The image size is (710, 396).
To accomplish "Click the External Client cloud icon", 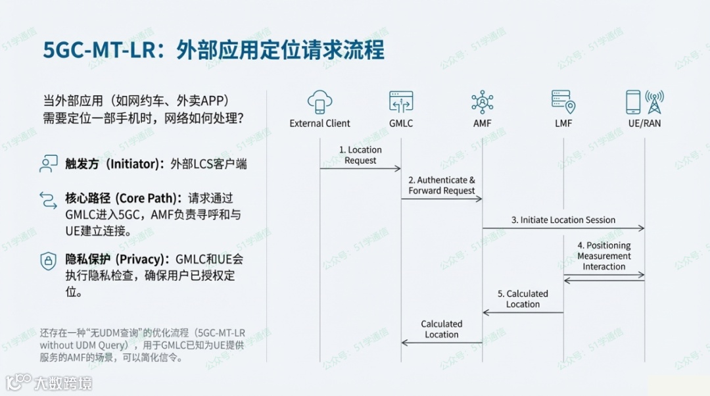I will click(319, 103).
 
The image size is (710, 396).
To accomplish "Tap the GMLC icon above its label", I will click(401, 102).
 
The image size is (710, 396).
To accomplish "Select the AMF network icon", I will click(482, 102).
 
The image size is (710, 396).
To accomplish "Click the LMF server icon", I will click(563, 102).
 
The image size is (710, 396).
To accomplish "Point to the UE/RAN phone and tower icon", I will click(644, 102).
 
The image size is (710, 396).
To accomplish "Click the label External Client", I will click(319, 123).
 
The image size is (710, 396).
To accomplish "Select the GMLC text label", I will click(401, 123).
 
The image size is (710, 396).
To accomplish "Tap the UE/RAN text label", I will click(644, 123).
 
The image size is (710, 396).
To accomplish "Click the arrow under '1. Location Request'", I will click(360, 169).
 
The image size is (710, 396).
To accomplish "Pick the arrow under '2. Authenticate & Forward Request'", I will click(442, 199).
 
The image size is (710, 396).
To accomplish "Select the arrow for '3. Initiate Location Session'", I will click(563, 228).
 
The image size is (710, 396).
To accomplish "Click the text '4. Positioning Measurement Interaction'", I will click(603, 256).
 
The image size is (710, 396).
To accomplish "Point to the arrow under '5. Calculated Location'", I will click(523, 312).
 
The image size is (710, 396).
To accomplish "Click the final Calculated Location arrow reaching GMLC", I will click(442, 342).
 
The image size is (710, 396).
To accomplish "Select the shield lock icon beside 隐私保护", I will click(48, 260).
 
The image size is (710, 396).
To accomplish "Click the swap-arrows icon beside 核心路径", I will click(48, 199).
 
